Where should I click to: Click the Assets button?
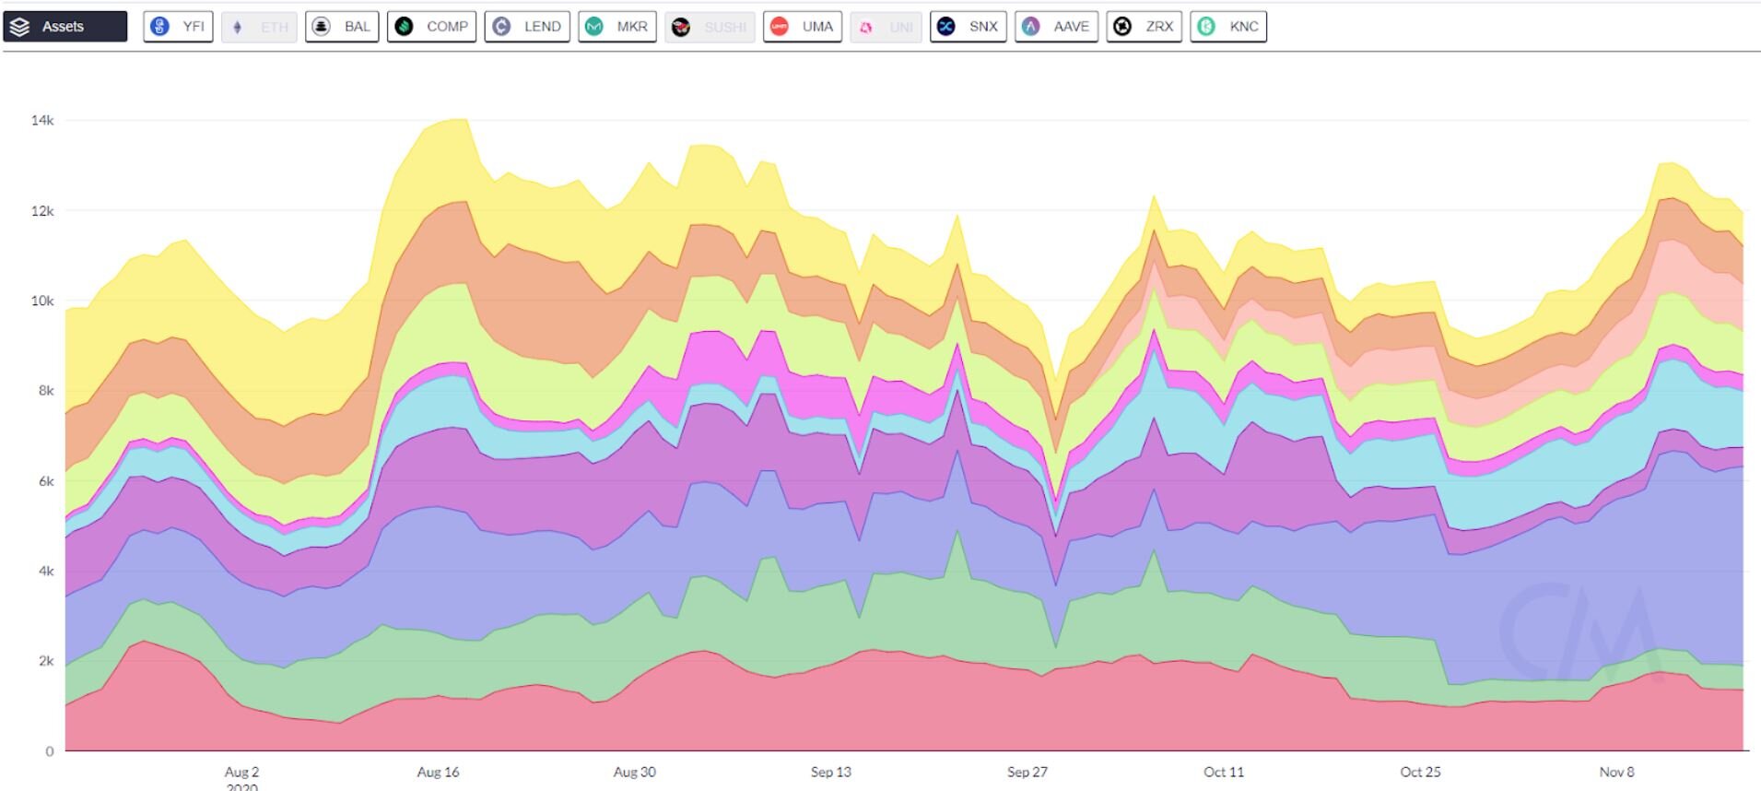point(65,27)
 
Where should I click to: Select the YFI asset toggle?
point(179,27)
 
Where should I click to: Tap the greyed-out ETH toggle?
point(260,27)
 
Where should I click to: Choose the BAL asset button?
point(342,27)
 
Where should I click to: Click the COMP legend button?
point(431,27)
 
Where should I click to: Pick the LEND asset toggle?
point(527,27)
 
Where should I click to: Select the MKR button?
point(617,27)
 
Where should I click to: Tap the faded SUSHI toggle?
point(710,27)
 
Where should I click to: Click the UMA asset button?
point(803,27)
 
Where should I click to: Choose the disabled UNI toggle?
point(886,27)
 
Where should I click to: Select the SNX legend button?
point(969,27)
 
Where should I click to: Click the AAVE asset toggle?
point(1056,27)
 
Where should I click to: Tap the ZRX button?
point(1145,27)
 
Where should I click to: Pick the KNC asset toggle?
point(1228,27)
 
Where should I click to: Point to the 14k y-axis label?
point(42,120)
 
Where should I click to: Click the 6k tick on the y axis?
point(45,481)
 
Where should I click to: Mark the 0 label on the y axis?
point(50,751)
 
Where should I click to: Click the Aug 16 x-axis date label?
point(438,772)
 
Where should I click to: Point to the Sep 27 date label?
point(1027,772)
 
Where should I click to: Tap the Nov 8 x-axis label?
point(1616,772)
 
